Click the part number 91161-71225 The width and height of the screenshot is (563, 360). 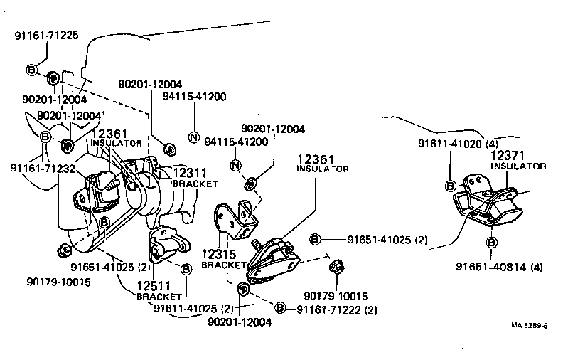[x=42, y=33]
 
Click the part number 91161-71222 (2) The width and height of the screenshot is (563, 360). [x=337, y=309]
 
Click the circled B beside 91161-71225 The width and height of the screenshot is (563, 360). [x=31, y=70]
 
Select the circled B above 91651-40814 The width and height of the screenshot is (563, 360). [x=492, y=243]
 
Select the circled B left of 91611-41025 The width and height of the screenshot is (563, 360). [x=186, y=269]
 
